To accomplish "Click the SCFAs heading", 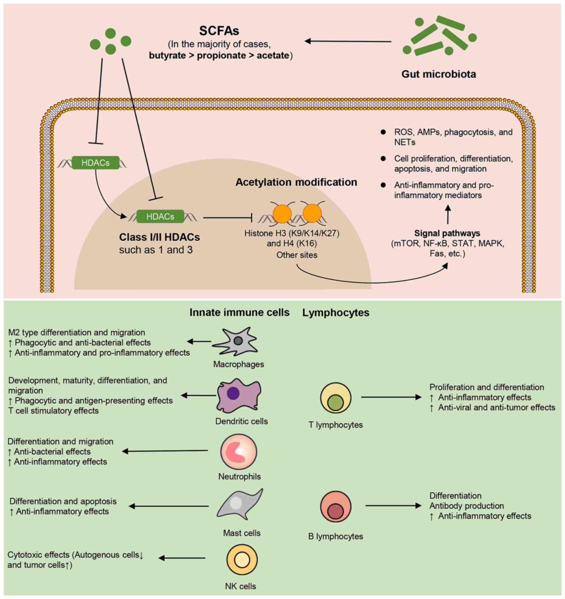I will click(x=219, y=31).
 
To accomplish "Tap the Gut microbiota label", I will click(x=438, y=74).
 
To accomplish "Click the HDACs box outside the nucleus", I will click(x=95, y=163).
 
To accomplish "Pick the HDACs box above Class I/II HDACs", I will click(x=160, y=216).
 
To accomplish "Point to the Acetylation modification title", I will click(x=296, y=182).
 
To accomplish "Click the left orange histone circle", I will click(x=282, y=214).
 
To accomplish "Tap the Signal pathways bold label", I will click(x=447, y=233).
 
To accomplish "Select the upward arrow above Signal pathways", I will click(x=448, y=214).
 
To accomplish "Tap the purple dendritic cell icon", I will click(x=238, y=396).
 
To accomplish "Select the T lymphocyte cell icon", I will click(x=336, y=399).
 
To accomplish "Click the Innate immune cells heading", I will click(x=239, y=313).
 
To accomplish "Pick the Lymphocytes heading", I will click(x=336, y=313).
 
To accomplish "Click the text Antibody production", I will click(x=466, y=506).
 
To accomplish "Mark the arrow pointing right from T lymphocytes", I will click(x=391, y=397).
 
